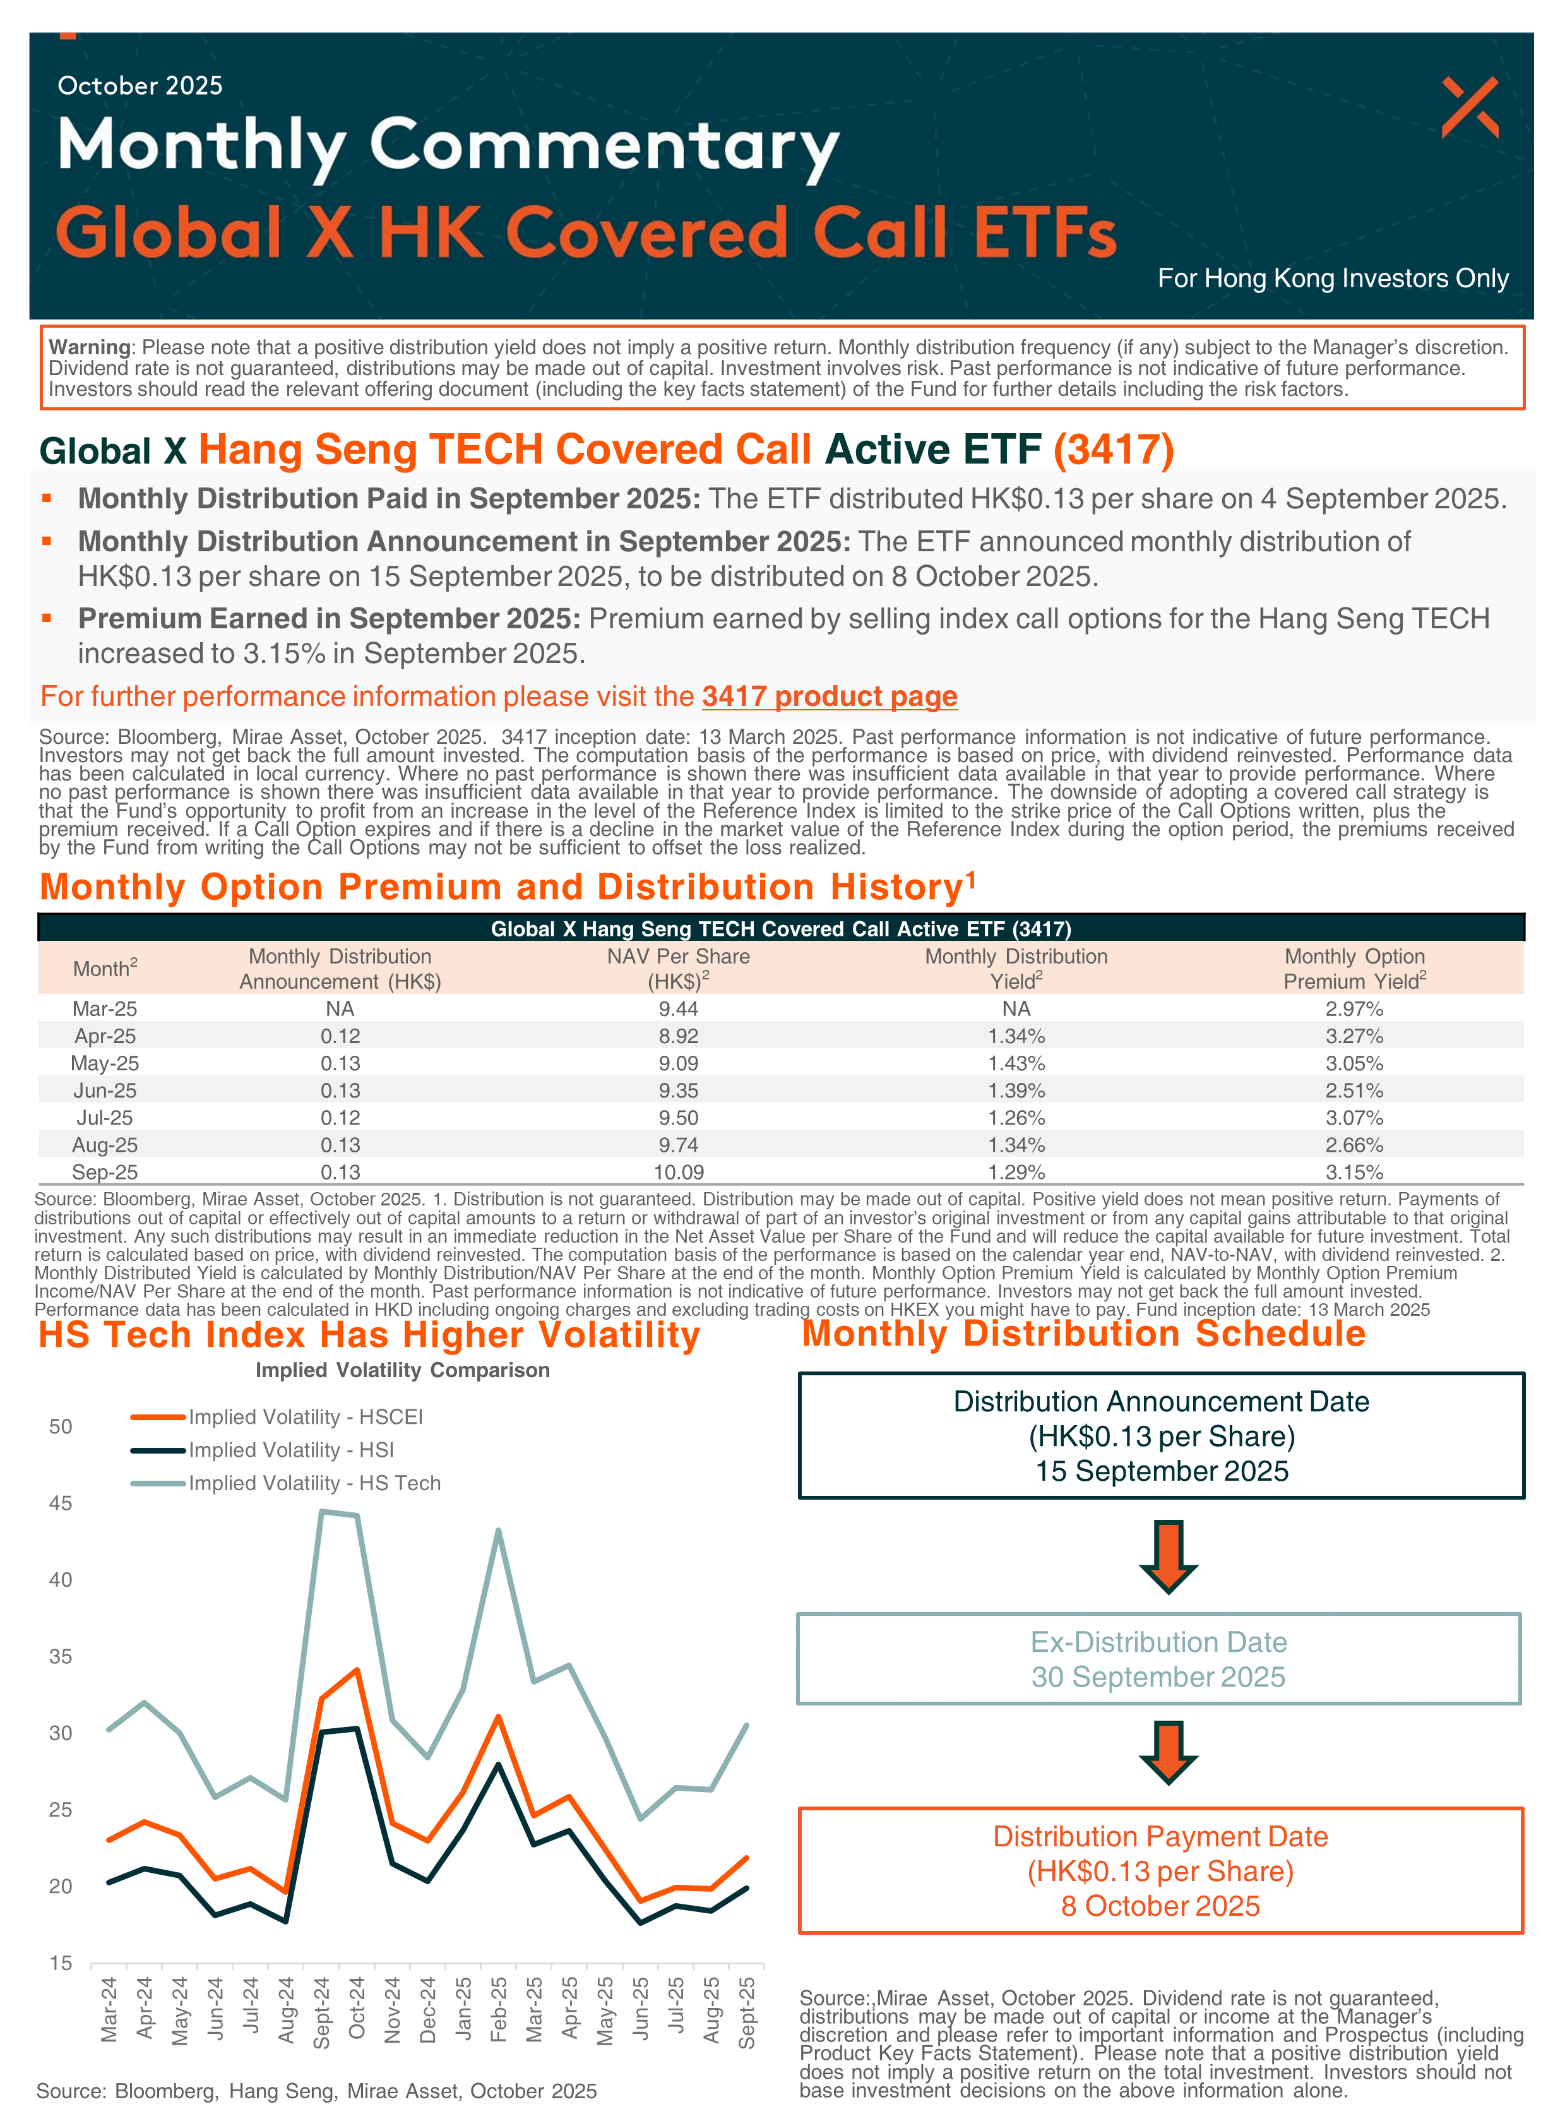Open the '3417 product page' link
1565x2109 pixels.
point(829,696)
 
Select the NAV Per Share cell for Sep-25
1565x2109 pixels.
point(678,1172)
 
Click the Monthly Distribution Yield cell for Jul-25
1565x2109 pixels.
point(1016,1118)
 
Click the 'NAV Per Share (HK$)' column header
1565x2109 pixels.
point(678,968)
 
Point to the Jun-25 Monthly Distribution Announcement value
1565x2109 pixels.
point(340,1090)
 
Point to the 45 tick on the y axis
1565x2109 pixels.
point(60,1503)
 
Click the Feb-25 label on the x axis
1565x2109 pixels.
point(498,2009)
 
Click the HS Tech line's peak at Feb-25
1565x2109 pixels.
point(498,1530)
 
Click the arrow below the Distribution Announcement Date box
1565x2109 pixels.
point(1168,1556)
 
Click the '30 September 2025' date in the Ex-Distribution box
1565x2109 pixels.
point(1158,1677)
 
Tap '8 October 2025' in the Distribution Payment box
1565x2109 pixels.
point(1160,1906)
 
